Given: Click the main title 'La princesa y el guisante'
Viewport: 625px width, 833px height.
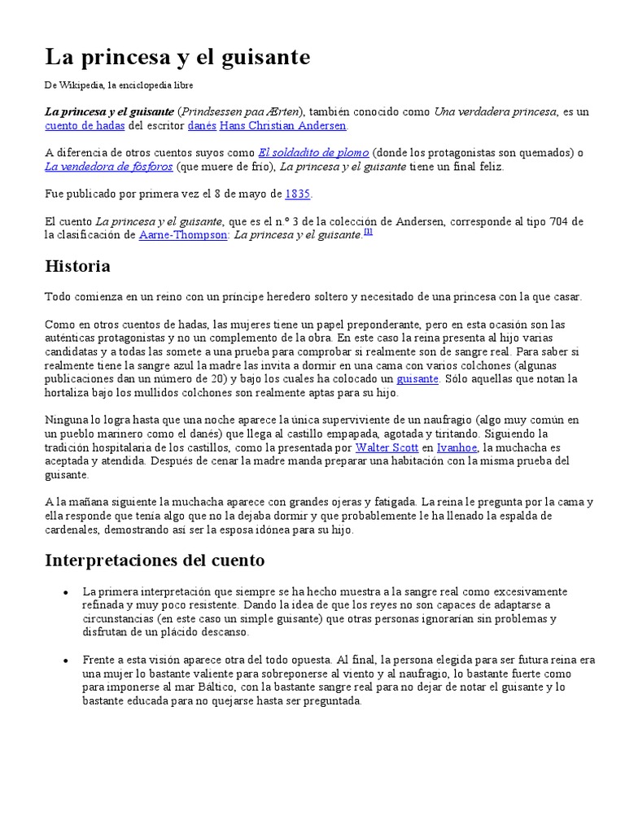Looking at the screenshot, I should [x=177, y=57].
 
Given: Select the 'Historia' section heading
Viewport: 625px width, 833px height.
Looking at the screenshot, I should [x=77, y=266].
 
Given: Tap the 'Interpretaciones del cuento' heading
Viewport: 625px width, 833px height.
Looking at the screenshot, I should [x=155, y=560].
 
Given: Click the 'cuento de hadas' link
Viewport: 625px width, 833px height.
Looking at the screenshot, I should [x=85, y=126].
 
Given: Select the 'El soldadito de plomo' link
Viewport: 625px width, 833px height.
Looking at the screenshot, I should [x=313, y=153].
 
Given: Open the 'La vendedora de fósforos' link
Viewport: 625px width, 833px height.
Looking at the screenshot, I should [x=108, y=167].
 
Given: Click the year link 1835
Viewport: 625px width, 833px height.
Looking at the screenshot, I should [x=298, y=194].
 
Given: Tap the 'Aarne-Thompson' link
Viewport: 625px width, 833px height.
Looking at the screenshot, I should [x=183, y=234].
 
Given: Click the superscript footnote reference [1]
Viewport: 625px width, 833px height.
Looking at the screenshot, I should [x=368, y=232].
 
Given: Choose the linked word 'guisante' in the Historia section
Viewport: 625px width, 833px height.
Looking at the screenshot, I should [x=417, y=379].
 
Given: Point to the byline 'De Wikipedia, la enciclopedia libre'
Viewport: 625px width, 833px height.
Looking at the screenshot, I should [x=119, y=85].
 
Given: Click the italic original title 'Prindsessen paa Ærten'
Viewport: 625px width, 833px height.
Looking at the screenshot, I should [x=240, y=111].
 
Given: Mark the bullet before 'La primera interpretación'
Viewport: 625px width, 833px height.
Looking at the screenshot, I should [x=64, y=591].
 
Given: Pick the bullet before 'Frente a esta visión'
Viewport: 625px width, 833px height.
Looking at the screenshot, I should [x=64, y=661].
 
